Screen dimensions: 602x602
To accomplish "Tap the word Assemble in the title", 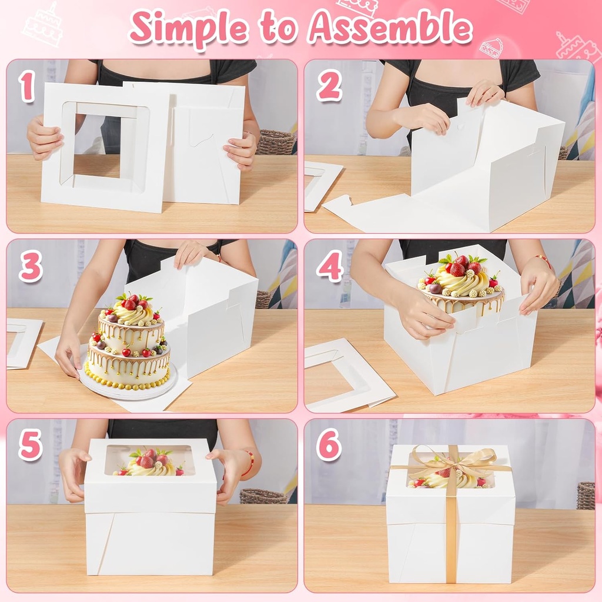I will pyautogui.click(x=391, y=26).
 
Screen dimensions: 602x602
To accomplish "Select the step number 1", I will pyautogui.click(x=27, y=87).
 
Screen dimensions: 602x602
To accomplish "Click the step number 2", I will pyautogui.click(x=329, y=87).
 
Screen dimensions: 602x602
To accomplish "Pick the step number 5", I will pyautogui.click(x=30, y=446).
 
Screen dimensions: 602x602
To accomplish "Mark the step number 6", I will pyautogui.click(x=329, y=446).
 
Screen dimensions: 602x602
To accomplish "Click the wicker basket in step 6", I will pyautogui.click(x=585, y=495).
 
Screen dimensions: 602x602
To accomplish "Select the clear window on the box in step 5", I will pyautogui.click(x=150, y=461).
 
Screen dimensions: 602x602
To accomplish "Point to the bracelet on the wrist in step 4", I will pyautogui.click(x=543, y=259).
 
